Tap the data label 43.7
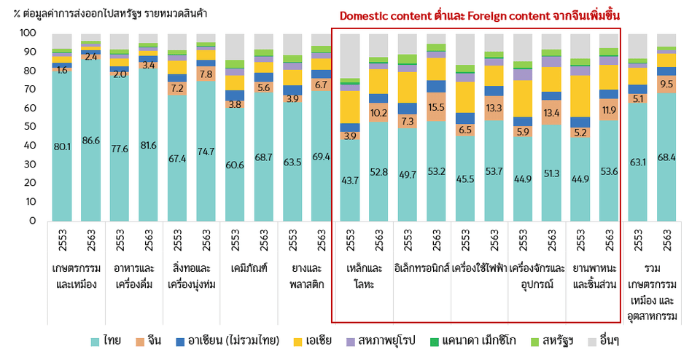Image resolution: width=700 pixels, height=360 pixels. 350,179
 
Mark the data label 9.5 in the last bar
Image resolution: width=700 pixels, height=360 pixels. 667,84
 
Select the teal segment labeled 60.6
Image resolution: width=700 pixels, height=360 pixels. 235,165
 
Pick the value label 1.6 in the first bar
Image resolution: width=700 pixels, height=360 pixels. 62,71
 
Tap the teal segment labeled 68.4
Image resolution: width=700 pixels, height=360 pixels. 667,157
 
